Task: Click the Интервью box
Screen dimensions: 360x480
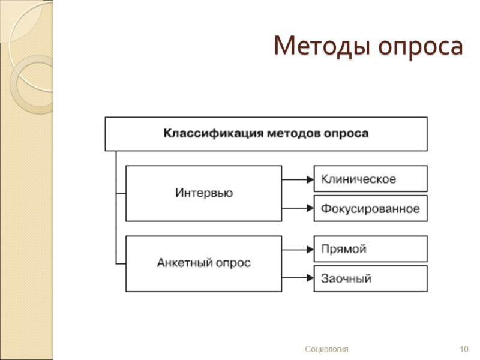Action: pos(203,193)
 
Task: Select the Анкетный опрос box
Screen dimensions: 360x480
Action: pos(203,263)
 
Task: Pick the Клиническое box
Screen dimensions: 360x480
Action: pos(370,179)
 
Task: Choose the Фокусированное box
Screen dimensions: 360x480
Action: pos(370,208)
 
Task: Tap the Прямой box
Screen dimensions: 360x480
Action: pos(370,249)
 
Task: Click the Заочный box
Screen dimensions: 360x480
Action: pos(370,278)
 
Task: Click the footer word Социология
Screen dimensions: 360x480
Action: pos(326,349)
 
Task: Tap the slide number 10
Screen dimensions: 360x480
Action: pos(463,349)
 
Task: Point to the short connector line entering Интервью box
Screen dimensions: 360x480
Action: pos(121,193)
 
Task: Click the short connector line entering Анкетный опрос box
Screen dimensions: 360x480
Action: pos(121,263)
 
